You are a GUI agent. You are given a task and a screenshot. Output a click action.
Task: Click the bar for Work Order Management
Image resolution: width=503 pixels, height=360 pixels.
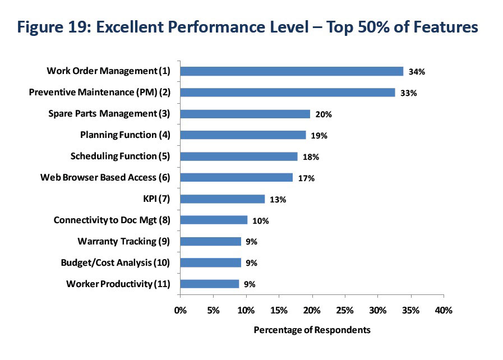click(x=292, y=71)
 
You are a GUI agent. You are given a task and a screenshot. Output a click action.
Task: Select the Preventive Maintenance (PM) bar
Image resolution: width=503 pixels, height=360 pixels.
click(x=288, y=93)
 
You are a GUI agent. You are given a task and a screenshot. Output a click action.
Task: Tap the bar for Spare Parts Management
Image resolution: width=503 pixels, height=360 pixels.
click(x=245, y=114)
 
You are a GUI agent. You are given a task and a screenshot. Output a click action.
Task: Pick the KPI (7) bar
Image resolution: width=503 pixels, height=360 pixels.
click(x=223, y=199)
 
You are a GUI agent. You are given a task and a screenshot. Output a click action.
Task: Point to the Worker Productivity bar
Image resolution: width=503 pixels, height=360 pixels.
click(x=210, y=284)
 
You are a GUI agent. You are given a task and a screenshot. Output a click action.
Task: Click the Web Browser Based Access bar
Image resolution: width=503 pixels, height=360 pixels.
click(x=237, y=178)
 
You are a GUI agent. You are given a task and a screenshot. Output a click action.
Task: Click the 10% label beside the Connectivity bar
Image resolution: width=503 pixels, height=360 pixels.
click(x=261, y=220)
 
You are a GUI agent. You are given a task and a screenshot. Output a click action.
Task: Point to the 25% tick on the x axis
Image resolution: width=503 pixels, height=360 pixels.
click(x=345, y=310)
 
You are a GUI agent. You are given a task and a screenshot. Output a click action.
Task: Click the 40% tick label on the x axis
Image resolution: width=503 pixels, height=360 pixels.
click(x=444, y=310)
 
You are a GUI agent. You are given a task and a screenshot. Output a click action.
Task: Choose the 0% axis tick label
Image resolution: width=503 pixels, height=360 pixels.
click(x=180, y=310)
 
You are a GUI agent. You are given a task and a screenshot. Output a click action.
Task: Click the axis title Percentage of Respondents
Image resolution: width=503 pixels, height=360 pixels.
click(x=312, y=330)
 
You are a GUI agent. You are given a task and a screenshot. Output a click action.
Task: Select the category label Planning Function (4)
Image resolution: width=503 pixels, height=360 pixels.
click(x=125, y=135)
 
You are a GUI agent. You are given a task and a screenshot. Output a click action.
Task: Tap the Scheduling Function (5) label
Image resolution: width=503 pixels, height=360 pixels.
click(x=120, y=156)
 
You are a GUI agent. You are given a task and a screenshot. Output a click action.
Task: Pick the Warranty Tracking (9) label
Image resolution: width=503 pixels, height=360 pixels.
click(x=123, y=241)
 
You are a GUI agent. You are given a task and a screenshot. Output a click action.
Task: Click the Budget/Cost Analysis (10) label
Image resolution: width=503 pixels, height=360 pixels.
click(x=115, y=262)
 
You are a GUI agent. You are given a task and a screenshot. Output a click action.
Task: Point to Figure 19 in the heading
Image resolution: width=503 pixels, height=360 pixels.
click(x=58, y=27)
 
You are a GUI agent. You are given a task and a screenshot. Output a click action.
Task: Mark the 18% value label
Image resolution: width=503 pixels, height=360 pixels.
click(x=311, y=157)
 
